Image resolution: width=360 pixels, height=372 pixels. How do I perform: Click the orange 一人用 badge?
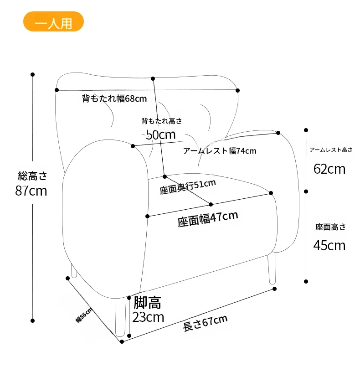click(x=53, y=21)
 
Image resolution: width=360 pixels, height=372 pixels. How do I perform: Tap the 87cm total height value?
click(x=31, y=191)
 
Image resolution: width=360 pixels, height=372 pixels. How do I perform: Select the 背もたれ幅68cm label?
click(x=114, y=98)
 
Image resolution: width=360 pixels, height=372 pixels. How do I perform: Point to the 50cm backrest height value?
click(x=161, y=135)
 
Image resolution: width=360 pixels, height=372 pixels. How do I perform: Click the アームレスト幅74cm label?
click(x=220, y=151)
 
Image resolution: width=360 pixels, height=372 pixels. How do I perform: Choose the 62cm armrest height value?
click(x=329, y=169)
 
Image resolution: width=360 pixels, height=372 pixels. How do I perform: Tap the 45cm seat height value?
click(x=329, y=246)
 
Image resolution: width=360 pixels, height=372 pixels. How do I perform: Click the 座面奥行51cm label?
click(x=188, y=187)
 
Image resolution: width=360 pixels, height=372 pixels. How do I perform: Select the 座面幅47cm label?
click(x=208, y=219)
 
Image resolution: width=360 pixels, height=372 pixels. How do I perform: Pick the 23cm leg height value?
click(x=148, y=317)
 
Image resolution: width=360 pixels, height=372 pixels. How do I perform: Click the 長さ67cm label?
click(x=206, y=323)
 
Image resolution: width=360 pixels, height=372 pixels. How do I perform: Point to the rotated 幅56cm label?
click(x=84, y=315)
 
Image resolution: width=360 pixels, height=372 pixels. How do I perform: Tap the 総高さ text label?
click(x=32, y=176)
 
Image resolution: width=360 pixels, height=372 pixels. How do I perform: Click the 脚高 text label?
click(x=147, y=303)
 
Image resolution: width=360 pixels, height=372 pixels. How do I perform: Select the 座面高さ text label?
click(x=330, y=227)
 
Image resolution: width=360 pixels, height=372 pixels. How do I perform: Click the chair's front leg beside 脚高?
click(x=120, y=317)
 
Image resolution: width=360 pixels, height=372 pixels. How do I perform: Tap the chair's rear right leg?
click(x=272, y=269)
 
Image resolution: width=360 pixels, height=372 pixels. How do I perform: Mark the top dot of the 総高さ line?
click(x=33, y=74)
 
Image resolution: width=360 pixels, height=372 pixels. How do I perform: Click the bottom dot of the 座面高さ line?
click(x=306, y=281)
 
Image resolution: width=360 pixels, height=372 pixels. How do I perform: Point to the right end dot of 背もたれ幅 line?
click(x=237, y=90)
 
